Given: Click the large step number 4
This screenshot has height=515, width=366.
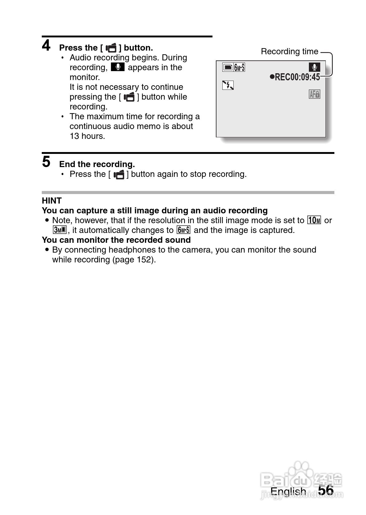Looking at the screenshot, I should [x=46, y=46].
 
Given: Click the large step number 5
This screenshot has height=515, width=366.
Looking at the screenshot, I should [x=46, y=162].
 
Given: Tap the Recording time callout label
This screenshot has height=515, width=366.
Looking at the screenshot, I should [x=289, y=51].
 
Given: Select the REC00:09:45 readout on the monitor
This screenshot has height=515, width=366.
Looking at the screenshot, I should [x=295, y=77].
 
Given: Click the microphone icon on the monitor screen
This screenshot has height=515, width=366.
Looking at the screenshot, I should [x=314, y=67].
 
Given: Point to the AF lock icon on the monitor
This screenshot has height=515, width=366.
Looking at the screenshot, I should [x=314, y=94].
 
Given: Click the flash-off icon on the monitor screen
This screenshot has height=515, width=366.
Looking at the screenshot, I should [x=228, y=85].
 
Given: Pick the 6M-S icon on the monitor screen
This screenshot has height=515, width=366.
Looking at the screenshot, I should [x=239, y=67].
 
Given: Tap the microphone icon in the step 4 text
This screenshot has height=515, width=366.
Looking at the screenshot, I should [x=118, y=67].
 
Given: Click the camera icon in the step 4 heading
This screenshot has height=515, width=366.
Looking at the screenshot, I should [x=111, y=48].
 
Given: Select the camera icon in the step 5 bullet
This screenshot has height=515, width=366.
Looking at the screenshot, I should [x=119, y=174].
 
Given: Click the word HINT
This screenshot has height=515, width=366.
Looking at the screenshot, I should [x=52, y=201].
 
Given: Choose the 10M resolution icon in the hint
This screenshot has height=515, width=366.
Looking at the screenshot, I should [x=314, y=220].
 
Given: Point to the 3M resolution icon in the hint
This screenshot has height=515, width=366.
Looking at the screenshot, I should [x=59, y=230].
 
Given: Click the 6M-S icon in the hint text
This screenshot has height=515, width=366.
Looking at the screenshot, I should [x=184, y=230].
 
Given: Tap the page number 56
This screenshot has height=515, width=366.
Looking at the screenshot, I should [x=326, y=490].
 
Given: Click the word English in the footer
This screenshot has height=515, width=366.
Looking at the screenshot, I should [x=288, y=491].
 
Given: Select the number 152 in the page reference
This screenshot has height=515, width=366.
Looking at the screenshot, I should [x=145, y=260].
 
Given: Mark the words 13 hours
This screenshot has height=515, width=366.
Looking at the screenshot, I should [x=87, y=136].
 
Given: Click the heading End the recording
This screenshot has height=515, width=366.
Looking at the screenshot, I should [x=97, y=164].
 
